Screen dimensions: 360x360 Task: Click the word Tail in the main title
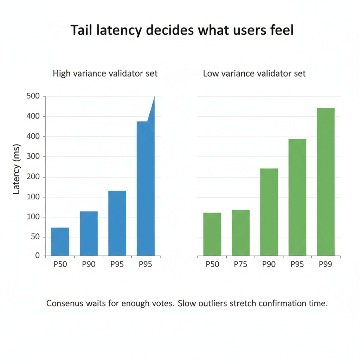click(x=82, y=30)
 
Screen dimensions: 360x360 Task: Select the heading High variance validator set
click(x=105, y=73)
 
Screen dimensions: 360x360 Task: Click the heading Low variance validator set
click(x=254, y=73)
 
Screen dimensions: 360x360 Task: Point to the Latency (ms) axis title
click(x=17, y=169)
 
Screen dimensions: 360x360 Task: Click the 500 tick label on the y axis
click(x=33, y=96)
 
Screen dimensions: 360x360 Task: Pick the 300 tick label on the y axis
click(x=33, y=156)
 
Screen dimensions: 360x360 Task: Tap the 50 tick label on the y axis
click(x=36, y=237)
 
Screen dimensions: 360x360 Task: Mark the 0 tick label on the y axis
click(x=38, y=256)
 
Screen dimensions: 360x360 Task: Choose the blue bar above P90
click(x=89, y=233)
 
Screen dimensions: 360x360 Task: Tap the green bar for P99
click(x=326, y=182)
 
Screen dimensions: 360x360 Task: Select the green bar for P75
click(x=240, y=233)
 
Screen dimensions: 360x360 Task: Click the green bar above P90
click(x=269, y=212)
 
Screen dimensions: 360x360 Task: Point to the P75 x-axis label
click(x=240, y=264)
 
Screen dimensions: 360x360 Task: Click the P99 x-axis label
click(x=326, y=264)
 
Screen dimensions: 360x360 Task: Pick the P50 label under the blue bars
click(x=60, y=264)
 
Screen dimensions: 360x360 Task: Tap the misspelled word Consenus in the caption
click(x=64, y=303)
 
